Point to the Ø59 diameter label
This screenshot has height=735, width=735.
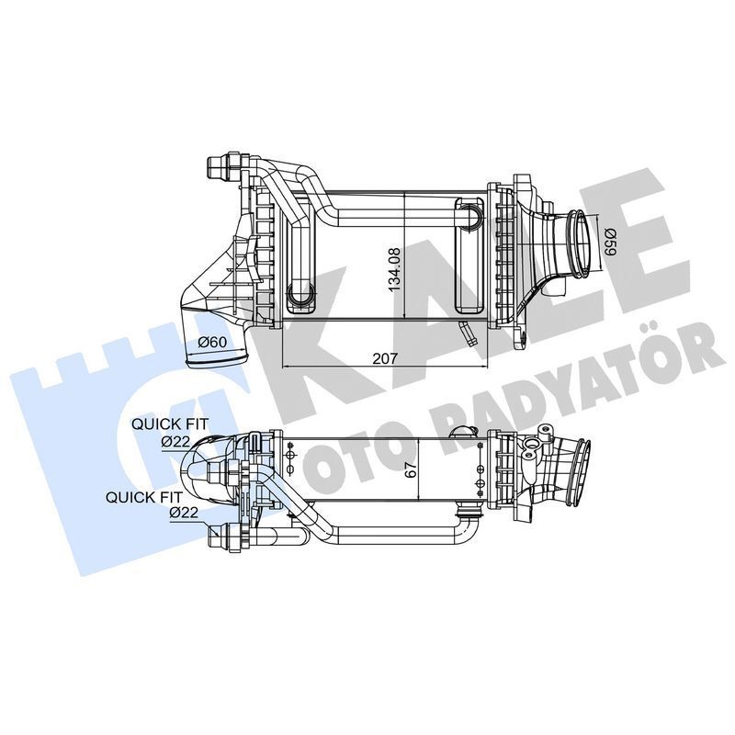pos(610,241)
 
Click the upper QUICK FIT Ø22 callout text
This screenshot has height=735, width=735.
pos(170,432)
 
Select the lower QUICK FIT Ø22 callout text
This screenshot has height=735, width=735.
pos(144,504)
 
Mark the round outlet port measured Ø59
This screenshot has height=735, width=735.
pos(579,243)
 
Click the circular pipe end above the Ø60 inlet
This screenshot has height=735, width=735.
pos(299,295)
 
